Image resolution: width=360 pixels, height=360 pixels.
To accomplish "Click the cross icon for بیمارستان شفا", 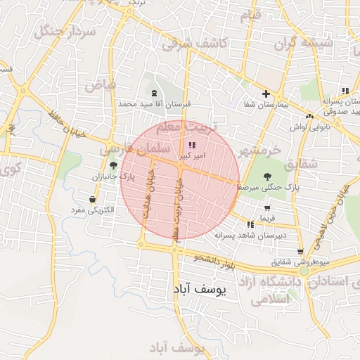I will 266,94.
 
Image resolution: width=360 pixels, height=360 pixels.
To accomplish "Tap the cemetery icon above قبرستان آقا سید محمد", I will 154,94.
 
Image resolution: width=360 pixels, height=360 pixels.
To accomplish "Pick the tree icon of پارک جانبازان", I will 114,165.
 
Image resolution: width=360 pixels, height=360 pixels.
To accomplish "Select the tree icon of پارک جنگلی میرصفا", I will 268,176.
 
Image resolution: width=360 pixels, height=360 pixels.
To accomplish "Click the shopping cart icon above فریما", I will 267,208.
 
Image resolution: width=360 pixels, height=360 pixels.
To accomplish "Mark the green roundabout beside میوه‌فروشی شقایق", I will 304,271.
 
